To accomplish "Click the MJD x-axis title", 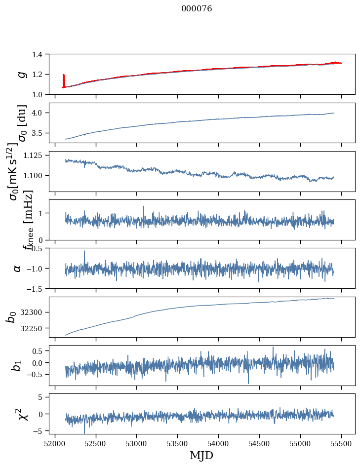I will (x=201, y=455).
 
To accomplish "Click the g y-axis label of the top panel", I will (x=20, y=74).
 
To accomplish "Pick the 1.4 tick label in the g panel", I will (x=41, y=54).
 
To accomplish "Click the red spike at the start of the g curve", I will (x=64, y=79).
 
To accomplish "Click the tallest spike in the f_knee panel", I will (x=143, y=207).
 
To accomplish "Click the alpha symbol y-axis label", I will (x=18, y=268).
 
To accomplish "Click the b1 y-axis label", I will (x=17, y=365).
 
